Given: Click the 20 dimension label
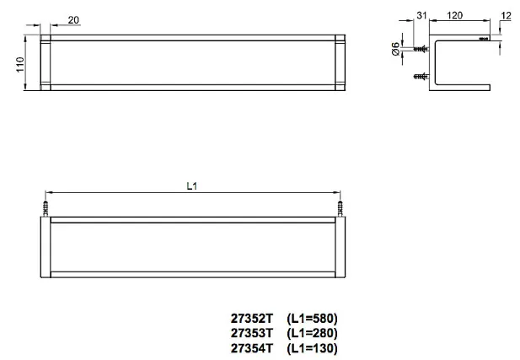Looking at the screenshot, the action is tap(73, 20).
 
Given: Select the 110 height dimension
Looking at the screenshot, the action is tap(20, 65).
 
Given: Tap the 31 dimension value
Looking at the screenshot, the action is tap(421, 15).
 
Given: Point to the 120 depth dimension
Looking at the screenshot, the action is tap(454, 15).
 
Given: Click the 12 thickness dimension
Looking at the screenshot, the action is tap(507, 15).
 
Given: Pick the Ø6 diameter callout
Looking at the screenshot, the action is tap(395, 49).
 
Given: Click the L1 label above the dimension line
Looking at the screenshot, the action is tap(192, 186).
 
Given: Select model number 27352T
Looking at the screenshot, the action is tap(252, 319).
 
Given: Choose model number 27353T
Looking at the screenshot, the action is tap(252, 333).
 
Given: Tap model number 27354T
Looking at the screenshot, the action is tap(252, 348).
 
